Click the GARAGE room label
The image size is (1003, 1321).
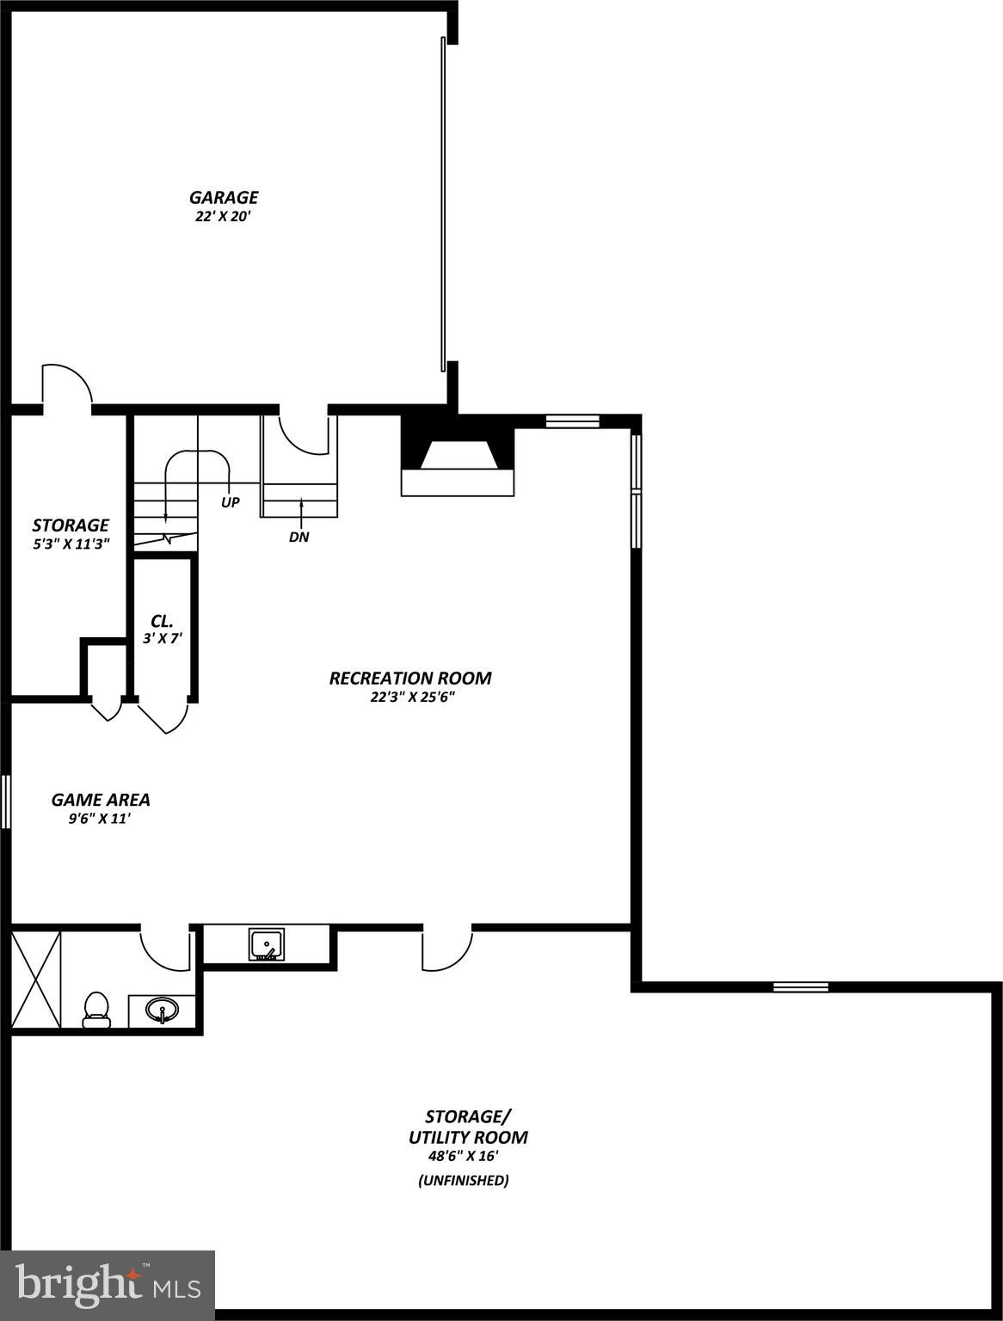pyautogui.click(x=224, y=198)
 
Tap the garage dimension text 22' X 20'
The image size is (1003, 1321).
pyautogui.click(x=223, y=217)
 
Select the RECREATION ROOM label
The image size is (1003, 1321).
pyautogui.click(x=410, y=678)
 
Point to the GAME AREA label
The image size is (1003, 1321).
pyautogui.click(x=101, y=799)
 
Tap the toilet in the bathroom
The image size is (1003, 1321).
pyautogui.click(x=96, y=1010)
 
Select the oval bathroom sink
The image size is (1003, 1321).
pyautogui.click(x=161, y=1009)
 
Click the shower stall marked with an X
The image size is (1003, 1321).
pyautogui.click(x=36, y=979)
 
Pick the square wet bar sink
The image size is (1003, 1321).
pyautogui.click(x=267, y=943)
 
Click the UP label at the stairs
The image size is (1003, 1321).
pyautogui.click(x=230, y=502)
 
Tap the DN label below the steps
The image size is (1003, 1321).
pyautogui.click(x=299, y=538)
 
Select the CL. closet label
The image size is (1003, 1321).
pyautogui.click(x=162, y=621)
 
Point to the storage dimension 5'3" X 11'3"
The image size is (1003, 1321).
pyautogui.click(x=71, y=544)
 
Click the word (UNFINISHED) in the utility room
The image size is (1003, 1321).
pyautogui.click(x=463, y=1181)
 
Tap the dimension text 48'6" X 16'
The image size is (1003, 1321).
pyautogui.click(x=464, y=1156)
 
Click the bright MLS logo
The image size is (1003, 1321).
pyautogui.click(x=108, y=1285)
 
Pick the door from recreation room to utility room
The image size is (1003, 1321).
pyautogui.click(x=446, y=948)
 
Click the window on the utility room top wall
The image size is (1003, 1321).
pyautogui.click(x=800, y=986)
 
